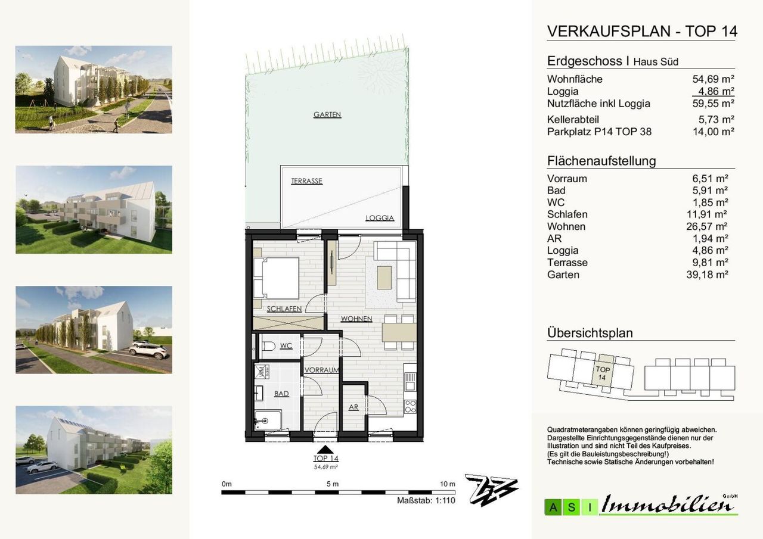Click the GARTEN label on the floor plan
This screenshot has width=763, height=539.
[x=327, y=115]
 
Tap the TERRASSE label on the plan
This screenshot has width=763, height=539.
[x=306, y=181]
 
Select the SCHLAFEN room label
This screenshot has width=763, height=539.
[x=284, y=309]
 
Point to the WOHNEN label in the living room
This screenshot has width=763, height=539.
[x=356, y=319]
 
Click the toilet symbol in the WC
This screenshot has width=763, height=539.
[x=269, y=346]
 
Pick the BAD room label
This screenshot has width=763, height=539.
[x=281, y=394]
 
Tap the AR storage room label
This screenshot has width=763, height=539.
[x=353, y=407]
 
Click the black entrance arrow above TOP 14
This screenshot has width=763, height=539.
[x=325, y=450]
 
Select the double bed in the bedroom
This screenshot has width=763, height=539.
[x=276, y=278]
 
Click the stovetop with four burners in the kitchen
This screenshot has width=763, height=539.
[x=410, y=407]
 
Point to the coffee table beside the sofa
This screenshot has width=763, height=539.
[x=384, y=278]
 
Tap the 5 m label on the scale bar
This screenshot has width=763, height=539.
[x=333, y=484]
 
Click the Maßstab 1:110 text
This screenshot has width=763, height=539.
[x=426, y=500]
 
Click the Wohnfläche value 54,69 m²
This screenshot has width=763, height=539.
[x=714, y=79]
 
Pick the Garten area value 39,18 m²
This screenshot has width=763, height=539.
[x=707, y=275]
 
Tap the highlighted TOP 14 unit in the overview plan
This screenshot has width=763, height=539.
[x=602, y=373]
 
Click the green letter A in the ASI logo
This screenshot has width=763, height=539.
[x=554, y=507]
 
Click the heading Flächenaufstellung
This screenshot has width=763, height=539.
[x=601, y=161]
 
